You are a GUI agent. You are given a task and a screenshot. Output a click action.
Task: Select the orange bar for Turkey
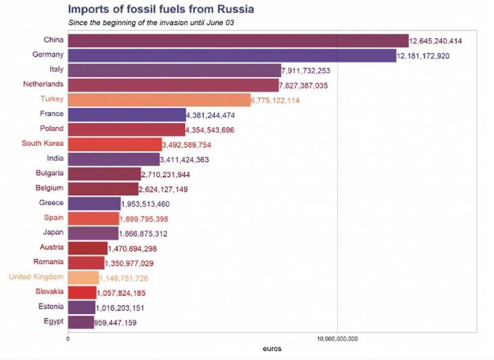point(159,100)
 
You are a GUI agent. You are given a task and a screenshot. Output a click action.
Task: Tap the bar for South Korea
point(115,145)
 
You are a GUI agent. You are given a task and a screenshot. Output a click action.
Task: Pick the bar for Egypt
point(81,322)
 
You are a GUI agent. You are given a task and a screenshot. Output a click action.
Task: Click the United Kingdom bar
point(83,278)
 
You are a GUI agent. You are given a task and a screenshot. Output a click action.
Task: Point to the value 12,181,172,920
point(433,56)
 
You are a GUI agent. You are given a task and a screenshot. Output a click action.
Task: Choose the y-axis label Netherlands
point(43,84)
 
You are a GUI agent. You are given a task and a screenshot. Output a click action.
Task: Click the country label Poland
point(51,128)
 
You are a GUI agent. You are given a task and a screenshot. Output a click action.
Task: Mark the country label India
point(54,158)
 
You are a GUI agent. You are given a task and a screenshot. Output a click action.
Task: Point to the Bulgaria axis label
point(49,173)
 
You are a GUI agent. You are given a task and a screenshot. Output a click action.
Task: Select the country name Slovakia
point(49,291)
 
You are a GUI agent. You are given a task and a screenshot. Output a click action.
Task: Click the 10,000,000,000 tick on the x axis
point(337,338)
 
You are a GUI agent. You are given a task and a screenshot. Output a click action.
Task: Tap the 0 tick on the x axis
point(68,338)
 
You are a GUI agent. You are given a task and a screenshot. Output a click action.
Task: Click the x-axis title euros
point(272,349)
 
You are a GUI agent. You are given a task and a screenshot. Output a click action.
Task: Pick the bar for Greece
point(93,203)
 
